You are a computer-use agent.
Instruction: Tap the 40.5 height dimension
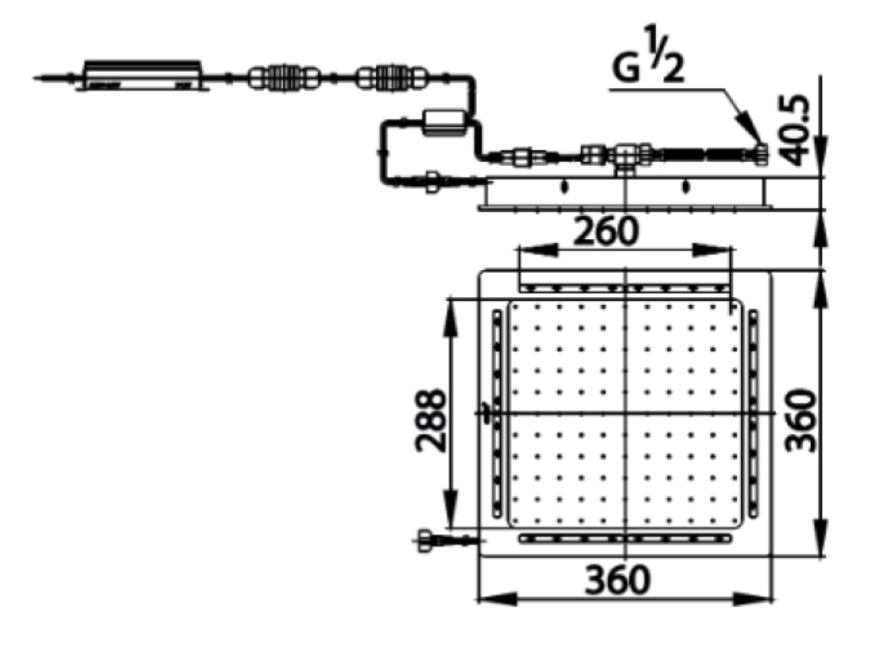800,130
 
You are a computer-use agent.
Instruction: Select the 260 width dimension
605,232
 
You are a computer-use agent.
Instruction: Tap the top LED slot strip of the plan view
624,287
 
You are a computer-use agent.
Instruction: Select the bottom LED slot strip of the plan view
624,537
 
